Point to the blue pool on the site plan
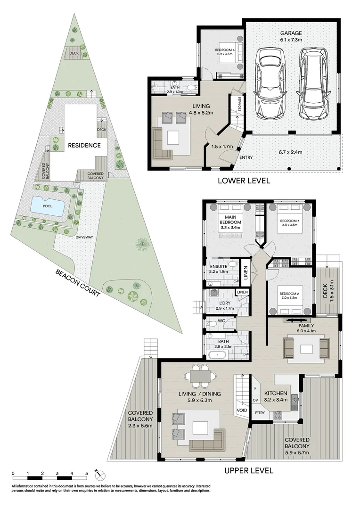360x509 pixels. pyautogui.click(x=48, y=205)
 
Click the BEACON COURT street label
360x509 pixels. pyautogui.click(x=78, y=283)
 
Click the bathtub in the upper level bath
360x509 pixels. pyautogui.click(x=218, y=354)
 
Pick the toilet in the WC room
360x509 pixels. pyautogui.click(x=213, y=323)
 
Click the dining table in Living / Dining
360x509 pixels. pyautogui.click(x=200, y=376)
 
